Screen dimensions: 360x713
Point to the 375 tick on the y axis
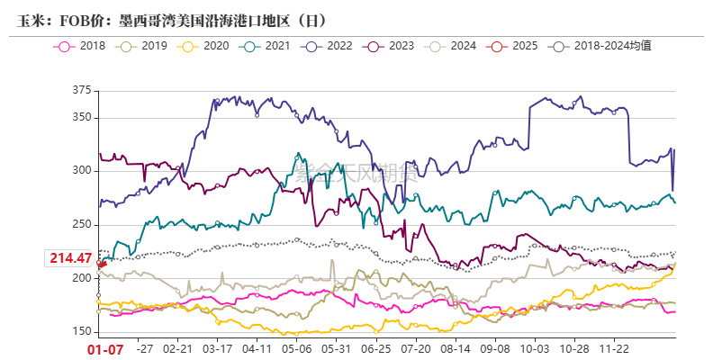click(82, 90)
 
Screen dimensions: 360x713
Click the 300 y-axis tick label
click(82, 171)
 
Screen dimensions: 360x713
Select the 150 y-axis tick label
click(82, 332)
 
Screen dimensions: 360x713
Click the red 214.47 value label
click(71, 258)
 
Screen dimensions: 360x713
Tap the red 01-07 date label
click(104, 348)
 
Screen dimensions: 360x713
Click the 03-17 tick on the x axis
click(217, 346)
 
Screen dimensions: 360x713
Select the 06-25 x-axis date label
click(375, 346)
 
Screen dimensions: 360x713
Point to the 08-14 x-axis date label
click(456, 346)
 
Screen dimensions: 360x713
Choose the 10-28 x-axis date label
click(573, 346)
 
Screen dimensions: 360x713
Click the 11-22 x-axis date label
click(614, 346)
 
